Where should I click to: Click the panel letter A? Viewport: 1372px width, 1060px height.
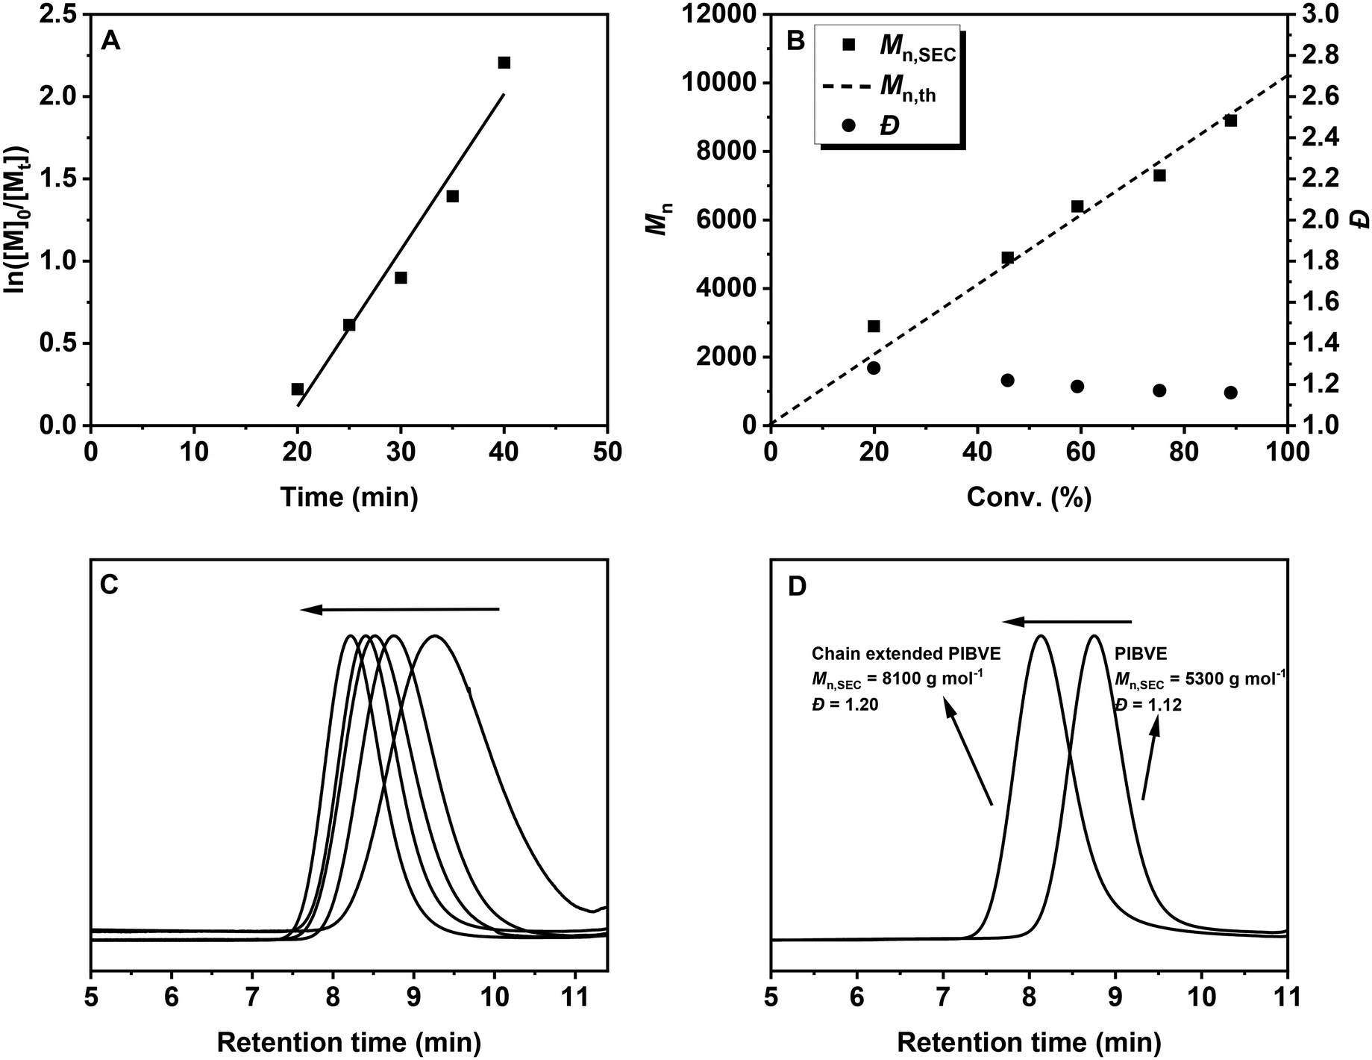pos(110,41)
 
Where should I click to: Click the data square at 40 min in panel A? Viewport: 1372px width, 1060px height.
pos(504,63)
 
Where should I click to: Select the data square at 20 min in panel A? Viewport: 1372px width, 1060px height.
pos(298,389)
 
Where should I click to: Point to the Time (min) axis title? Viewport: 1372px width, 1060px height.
pos(348,496)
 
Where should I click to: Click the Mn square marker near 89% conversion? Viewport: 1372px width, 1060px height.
pos(1231,121)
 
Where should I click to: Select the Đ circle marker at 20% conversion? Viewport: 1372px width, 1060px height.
pos(874,368)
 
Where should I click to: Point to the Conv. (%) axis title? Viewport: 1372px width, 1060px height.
pos(1029,496)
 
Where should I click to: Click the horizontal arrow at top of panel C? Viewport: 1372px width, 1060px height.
pos(400,610)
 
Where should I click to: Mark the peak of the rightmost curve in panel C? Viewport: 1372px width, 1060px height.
pos(435,636)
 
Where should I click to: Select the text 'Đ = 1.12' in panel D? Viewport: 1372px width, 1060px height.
pos(1148,705)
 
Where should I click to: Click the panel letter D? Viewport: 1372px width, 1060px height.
pos(798,587)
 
